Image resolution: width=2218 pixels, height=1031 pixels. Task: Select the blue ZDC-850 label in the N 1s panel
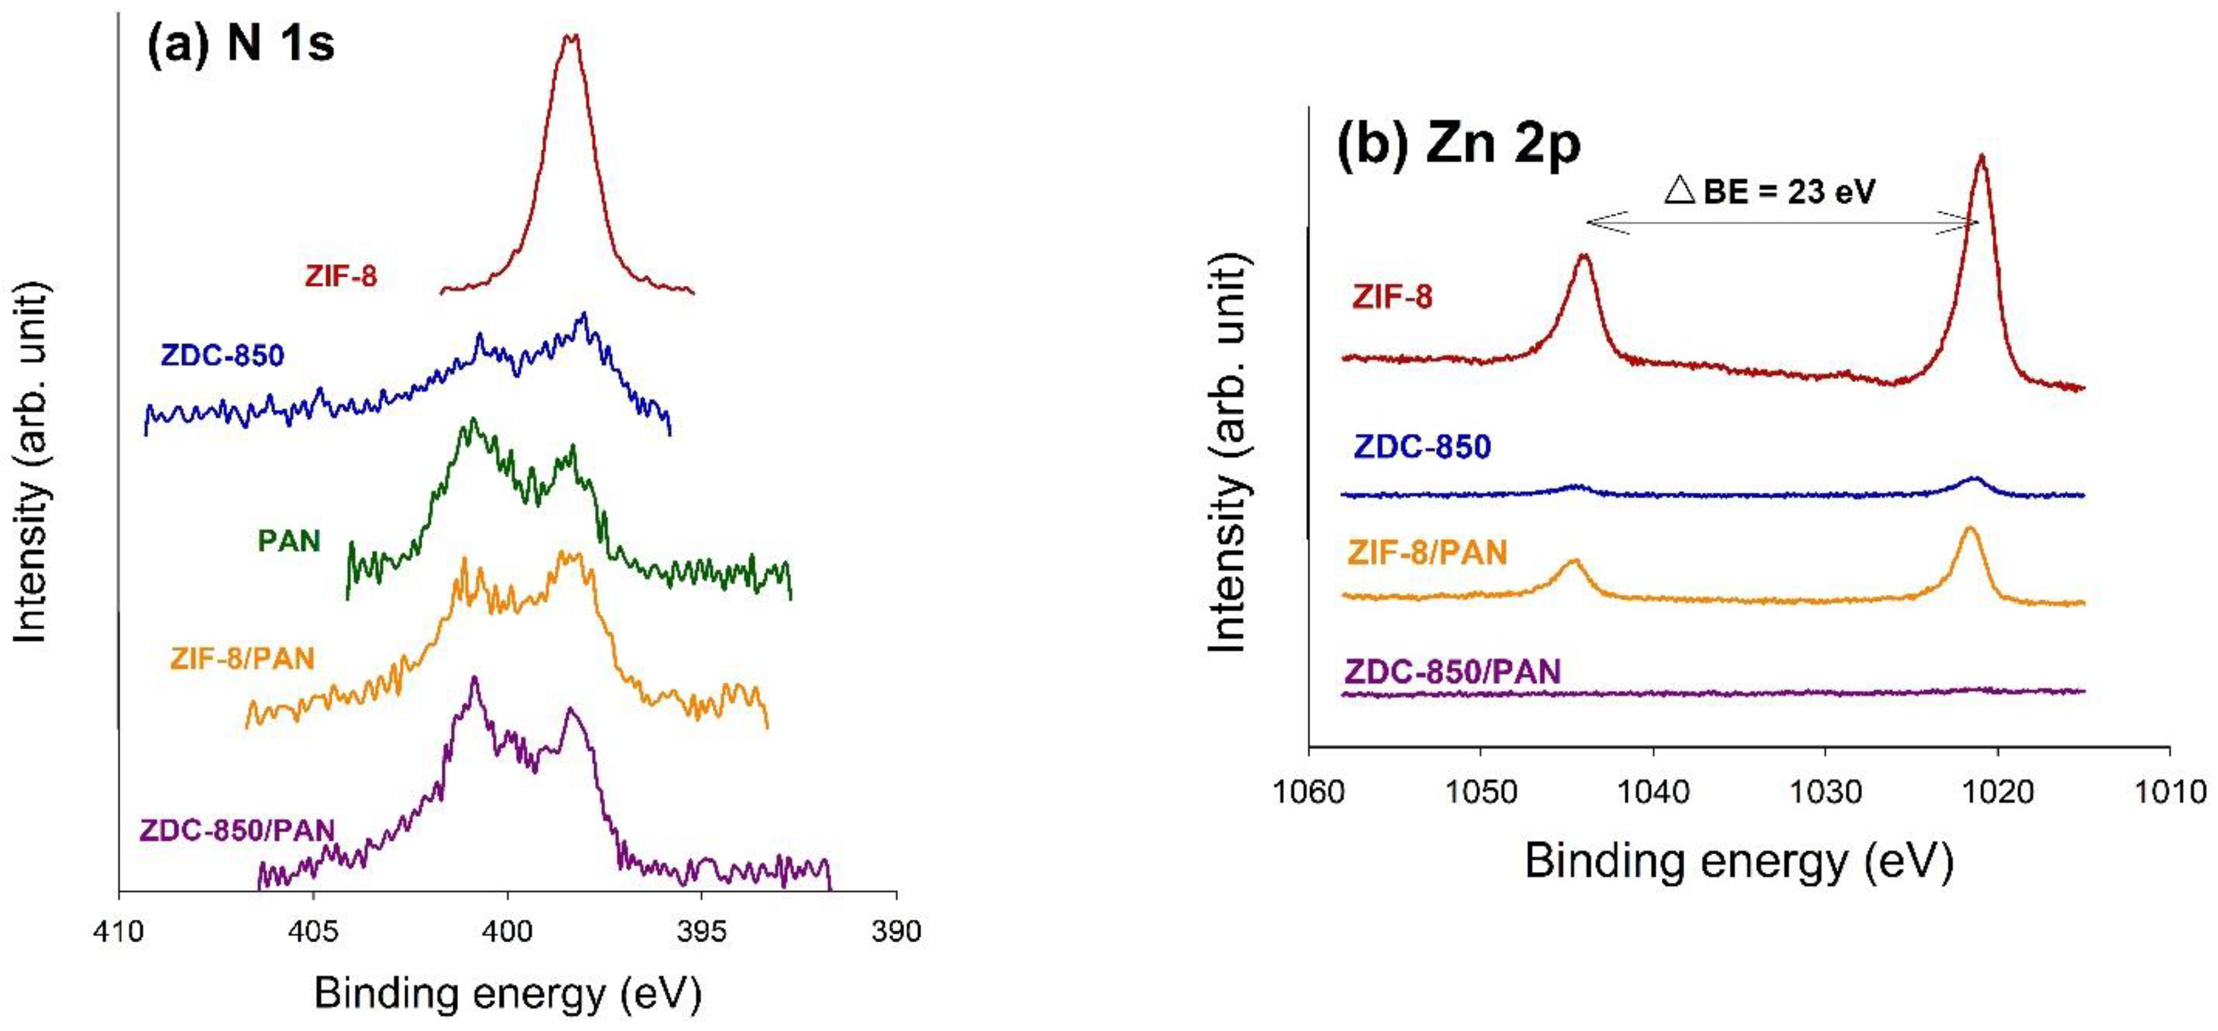coord(222,355)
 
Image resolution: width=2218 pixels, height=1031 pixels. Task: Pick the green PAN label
coord(290,541)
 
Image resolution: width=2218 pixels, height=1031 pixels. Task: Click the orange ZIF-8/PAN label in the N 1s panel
coord(242,659)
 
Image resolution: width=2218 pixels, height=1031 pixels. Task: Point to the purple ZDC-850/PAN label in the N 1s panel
coord(237,830)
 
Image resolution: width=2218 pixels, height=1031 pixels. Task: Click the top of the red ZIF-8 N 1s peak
coord(570,38)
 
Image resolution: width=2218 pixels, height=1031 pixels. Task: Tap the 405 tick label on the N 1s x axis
coord(313,932)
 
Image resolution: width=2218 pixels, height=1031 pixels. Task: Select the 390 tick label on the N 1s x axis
coord(896,932)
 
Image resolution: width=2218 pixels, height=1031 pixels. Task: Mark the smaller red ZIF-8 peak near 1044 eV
coord(1583,257)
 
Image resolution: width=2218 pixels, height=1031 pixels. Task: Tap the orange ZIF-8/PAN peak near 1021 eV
coord(1968,529)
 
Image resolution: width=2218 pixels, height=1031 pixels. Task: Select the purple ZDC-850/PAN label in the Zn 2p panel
coord(1452,671)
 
